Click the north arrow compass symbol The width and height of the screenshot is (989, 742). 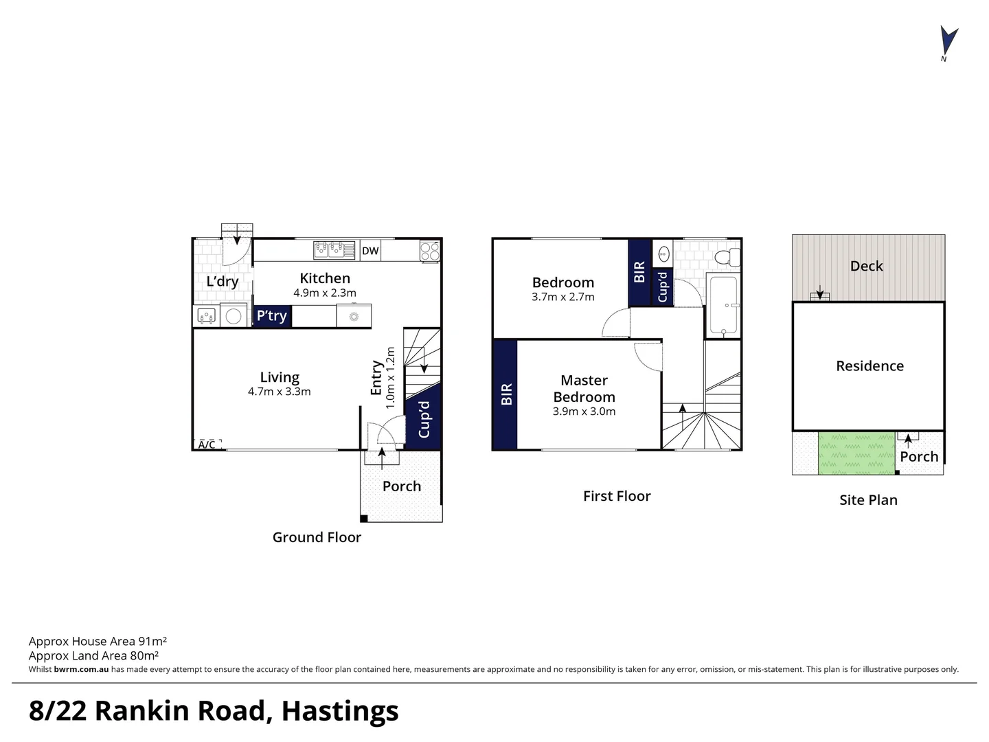[948, 41]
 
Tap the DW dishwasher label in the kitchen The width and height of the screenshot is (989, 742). [370, 251]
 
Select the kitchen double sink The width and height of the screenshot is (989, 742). [334, 250]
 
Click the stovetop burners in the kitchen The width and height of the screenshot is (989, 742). [430, 251]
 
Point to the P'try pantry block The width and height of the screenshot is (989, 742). [272, 316]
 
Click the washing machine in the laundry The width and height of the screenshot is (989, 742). [234, 316]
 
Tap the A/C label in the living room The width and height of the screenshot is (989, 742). [207, 445]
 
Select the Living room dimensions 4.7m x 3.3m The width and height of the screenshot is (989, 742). [280, 392]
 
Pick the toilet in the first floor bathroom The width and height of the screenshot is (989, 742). [726, 258]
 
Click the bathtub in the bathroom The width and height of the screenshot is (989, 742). [723, 305]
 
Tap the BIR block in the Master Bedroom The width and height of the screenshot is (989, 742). [505, 394]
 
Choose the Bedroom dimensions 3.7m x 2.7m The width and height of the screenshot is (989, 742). [563, 297]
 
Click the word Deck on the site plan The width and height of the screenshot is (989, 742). [867, 267]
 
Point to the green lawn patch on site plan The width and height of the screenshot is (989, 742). [856, 453]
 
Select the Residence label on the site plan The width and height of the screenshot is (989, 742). [869, 366]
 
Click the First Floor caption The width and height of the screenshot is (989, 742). [617, 497]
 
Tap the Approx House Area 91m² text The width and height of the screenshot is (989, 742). [98, 641]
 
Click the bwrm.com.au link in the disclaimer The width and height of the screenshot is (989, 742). [81, 669]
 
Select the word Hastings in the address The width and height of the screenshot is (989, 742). [340, 710]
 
